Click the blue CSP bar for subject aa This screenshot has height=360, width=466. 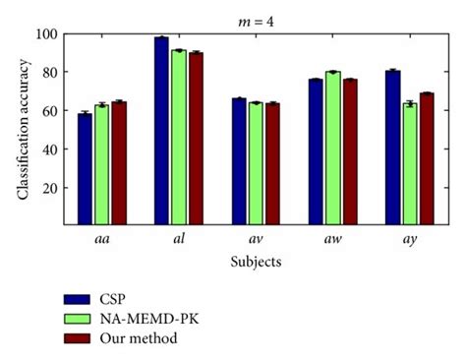(x=85, y=169)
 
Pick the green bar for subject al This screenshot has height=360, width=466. (x=177, y=138)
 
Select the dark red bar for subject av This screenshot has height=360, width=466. (x=271, y=164)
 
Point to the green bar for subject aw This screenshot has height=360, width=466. (x=332, y=149)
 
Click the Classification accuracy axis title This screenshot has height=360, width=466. (x=23, y=129)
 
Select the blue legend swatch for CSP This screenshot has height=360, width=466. (x=76, y=299)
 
